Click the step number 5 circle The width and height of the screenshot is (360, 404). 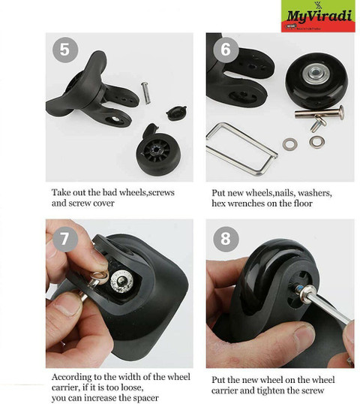click(x=64, y=50)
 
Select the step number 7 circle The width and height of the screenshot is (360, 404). click(x=64, y=238)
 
